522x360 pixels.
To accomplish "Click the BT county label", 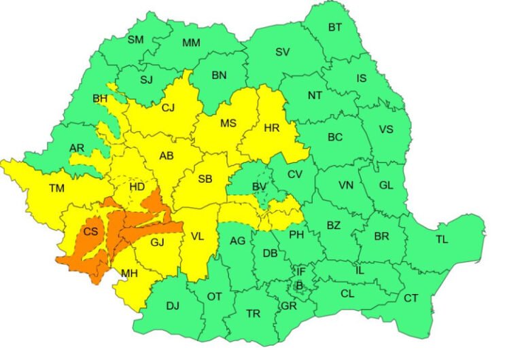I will click(x=334, y=27).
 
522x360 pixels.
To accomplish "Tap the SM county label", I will click(x=136, y=39).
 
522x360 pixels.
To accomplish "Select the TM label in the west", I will click(x=57, y=188).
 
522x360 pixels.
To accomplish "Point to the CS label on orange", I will click(x=90, y=232).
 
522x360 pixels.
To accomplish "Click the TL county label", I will click(x=442, y=239).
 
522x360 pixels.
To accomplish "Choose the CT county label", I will click(x=411, y=298).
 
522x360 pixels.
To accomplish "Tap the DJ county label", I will click(x=173, y=306).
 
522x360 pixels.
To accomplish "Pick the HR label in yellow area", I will click(x=271, y=128).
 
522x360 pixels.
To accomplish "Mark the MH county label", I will click(x=128, y=274).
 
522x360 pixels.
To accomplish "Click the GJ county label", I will click(x=158, y=242).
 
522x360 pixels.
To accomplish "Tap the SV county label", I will click(x=282, y=52).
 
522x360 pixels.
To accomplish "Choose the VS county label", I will click(x=385, y=130).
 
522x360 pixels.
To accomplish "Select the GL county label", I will click(x=385, y=185).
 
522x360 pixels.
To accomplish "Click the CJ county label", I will click(x=168, y=107).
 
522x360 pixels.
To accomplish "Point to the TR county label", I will click(x=253, y=313).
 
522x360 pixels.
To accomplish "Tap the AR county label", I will click(x=77, y=148).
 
